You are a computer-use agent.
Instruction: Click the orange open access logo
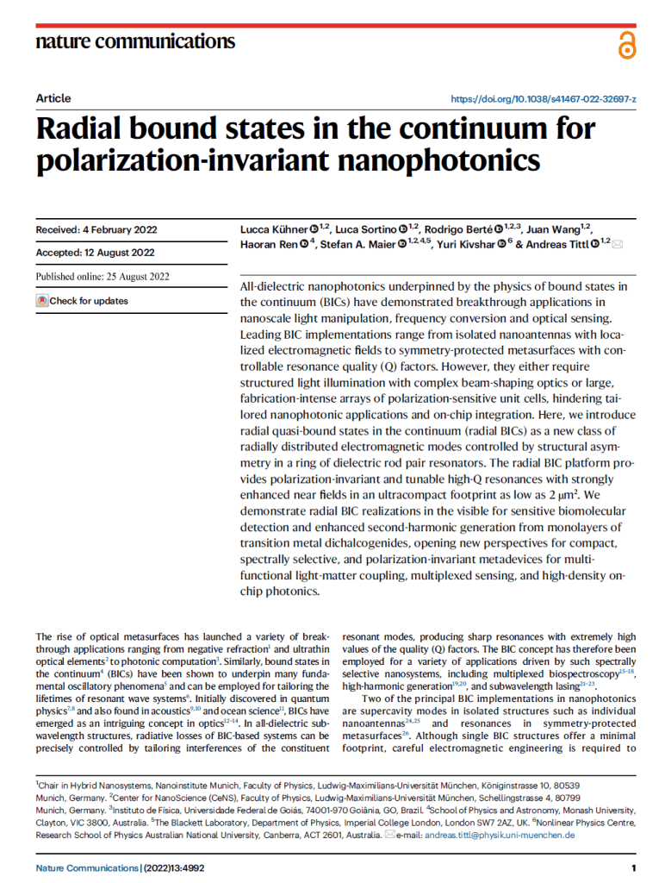click(x=626, y=44)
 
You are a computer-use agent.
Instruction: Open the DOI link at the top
click(x=544, y=99)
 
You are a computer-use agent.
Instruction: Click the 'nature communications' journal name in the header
click(x=135, y=41)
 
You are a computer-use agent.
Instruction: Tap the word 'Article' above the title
click(x=53, y=98)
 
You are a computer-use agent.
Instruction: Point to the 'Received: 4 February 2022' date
click(x=96, y=230)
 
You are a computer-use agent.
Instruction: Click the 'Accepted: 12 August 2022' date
click(x=95, y=253)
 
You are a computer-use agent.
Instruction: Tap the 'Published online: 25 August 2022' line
click(x=103, y=277)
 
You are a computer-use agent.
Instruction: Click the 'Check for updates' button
click(x=83, y=301)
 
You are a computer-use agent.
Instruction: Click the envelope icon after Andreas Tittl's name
click(x=618, y=245)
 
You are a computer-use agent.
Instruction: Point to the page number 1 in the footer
click(x=633, y=867)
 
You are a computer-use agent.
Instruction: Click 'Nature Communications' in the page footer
click(x=87, y=867)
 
